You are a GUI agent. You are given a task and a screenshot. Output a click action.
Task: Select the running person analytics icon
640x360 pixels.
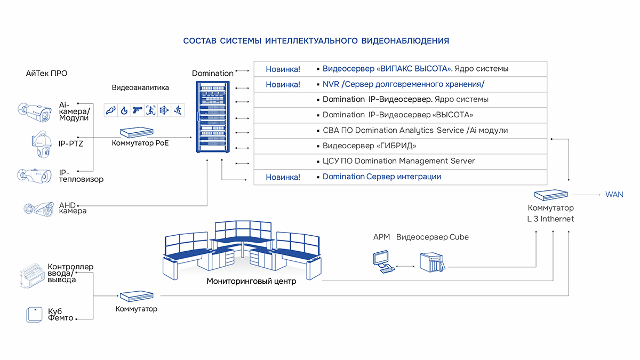point(177,110)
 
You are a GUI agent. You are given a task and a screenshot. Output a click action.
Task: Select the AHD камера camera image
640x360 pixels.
point(38,209)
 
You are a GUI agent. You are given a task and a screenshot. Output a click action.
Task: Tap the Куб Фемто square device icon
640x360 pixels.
point(34,315)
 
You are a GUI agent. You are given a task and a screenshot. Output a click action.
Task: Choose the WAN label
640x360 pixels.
point(614,195)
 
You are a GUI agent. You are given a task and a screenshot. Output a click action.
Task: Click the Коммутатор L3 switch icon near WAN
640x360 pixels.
point(551,195)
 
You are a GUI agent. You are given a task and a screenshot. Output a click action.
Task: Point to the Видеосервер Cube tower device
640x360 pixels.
point(431,262)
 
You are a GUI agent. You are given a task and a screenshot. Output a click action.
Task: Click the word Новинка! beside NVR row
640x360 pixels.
point(283,84)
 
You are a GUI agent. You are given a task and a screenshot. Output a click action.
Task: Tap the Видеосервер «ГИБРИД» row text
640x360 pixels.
point(369,146)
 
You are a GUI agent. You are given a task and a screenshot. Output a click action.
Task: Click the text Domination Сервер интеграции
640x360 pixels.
point(381,177)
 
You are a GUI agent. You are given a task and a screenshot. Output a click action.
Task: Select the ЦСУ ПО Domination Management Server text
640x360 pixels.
point(398,161)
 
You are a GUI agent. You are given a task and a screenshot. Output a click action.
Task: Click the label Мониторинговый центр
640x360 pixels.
point(251,282)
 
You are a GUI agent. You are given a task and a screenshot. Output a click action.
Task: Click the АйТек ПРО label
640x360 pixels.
point(46,74)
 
